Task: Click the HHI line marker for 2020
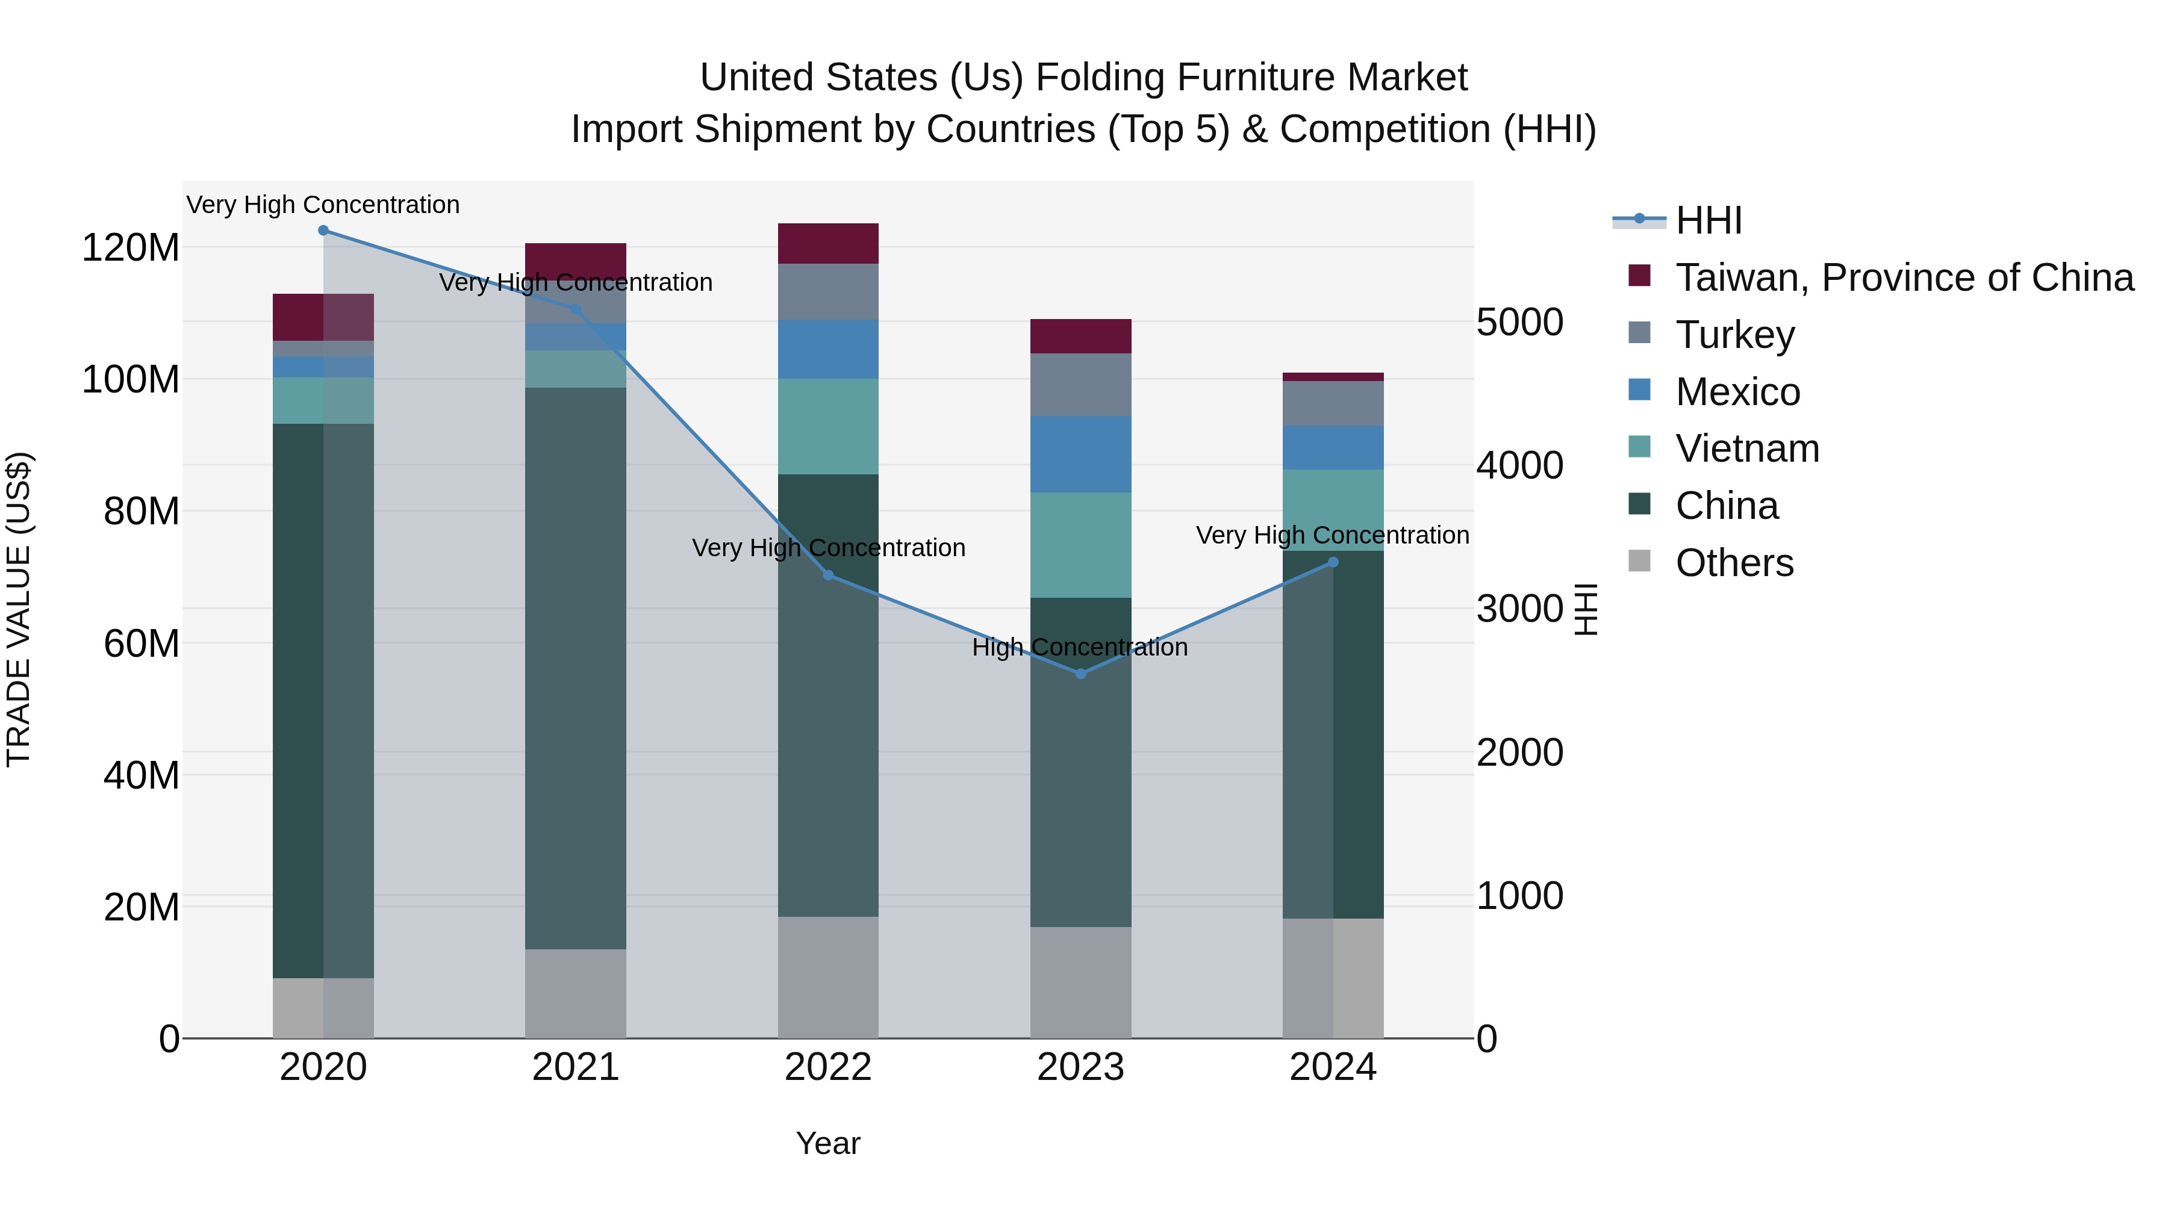tap(323, 231)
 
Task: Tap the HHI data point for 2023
tap(1080, 674)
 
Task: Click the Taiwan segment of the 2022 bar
tap(828, 243)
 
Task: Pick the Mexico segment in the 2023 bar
tap(1080, 454)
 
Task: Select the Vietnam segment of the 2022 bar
tap(828, 427)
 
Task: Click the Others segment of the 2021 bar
tap(576, 993)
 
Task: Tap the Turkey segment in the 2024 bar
tap(1333, 404)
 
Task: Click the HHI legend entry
tap(1708, 220)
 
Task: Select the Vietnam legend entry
tap(1746, 448)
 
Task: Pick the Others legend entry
tap(1734, 563)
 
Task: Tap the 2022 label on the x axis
tap(828, 1067)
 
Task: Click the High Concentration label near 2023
tap(1080, 647)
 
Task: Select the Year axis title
tap(828, 1143)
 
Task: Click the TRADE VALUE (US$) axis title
tap(19, 609)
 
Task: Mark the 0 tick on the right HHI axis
tap(1487, 1039)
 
